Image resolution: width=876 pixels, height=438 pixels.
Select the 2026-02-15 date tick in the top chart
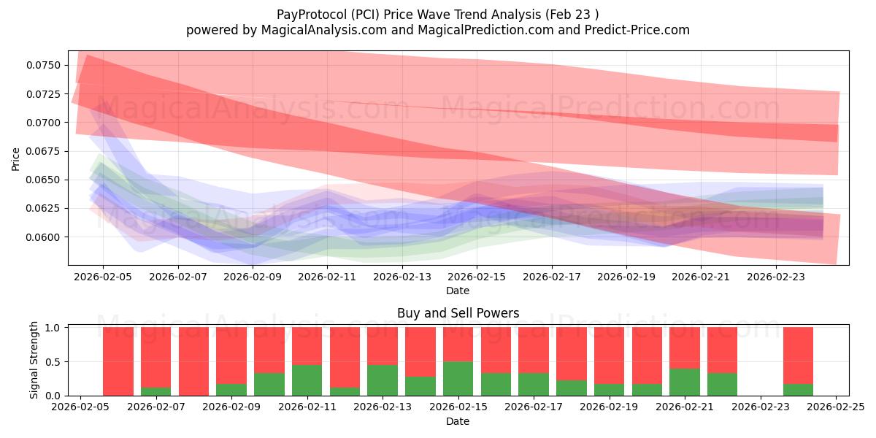pos(477,277)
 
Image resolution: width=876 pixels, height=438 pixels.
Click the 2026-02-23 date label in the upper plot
pos(775,277)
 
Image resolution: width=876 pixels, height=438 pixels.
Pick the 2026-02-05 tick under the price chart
pos(103,277)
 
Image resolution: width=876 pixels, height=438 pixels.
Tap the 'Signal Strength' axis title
pos(34,360)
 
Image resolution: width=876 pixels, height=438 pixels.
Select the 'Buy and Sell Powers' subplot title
pos(458,313)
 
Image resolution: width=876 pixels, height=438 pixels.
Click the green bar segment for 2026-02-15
pos(458,378)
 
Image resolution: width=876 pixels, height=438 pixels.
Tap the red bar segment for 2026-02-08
pos(193,361)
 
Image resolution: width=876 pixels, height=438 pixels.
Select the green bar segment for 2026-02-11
pos(307,380)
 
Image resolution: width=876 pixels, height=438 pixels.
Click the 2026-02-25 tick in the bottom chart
pos(835,407)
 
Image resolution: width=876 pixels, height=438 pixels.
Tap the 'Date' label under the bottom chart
pos(458,421)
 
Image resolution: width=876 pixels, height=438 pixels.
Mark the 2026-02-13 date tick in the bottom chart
pos(382,407)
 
